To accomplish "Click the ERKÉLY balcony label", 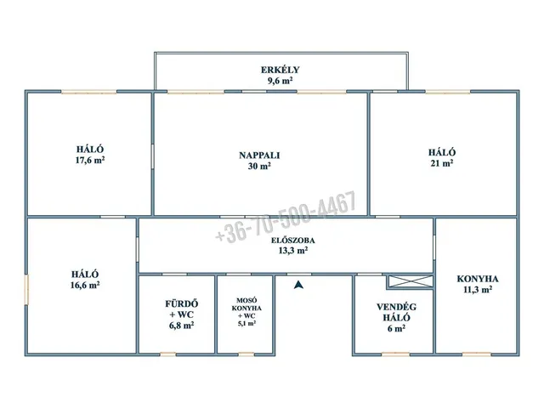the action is [x=280, y=70].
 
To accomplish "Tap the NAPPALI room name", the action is [x=259, y=155].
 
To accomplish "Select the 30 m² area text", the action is [x=259, y=167].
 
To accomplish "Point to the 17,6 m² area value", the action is [x=90, y=161].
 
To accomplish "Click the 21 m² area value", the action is [x=442, y=163].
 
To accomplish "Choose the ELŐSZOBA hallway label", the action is [x=293, y=240].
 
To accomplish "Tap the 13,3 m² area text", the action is [x=293, y=250].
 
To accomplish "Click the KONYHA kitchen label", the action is [x=478, y=279].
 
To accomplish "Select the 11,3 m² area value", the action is [x=478, y=289].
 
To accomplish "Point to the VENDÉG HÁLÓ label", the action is [x=397, y=312].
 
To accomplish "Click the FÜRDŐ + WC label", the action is [x=181, y=309].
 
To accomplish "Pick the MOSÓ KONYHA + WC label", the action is [x=246, y=308].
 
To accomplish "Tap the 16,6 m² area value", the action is [x=85, y=286].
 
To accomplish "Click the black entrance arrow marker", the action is [x=298, y=285].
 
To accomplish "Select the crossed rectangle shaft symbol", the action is [x=411, y=281].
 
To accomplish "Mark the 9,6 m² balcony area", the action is [x=280, y=81].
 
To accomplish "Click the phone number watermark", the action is [x=286, y=218].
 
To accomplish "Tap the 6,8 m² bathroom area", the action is [x=181, y=326].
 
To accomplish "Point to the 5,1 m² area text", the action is [x=246, y=323].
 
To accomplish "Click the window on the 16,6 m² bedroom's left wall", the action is [x=26, y=291].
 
